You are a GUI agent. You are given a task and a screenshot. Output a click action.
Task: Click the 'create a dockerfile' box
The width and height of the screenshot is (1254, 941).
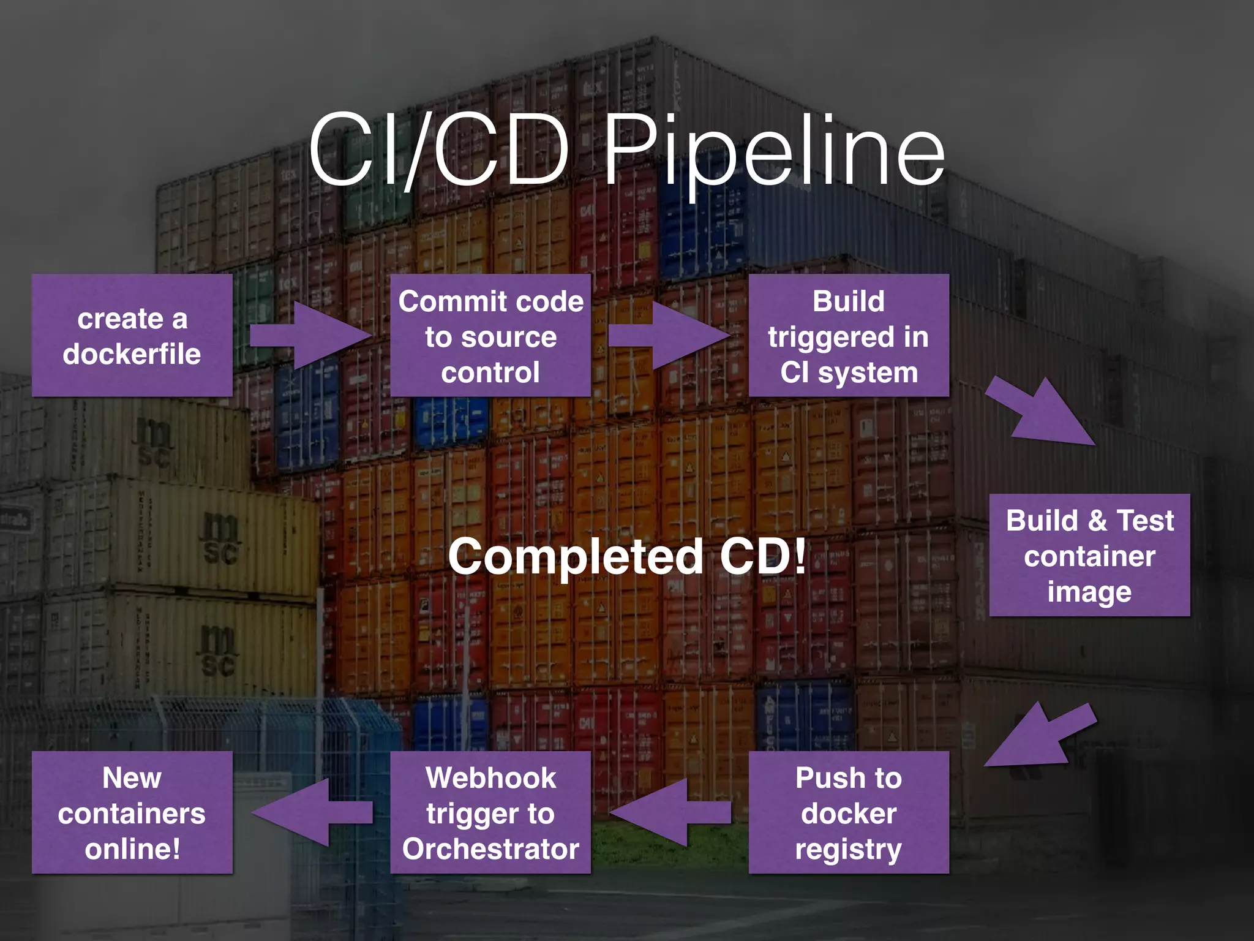click(x=132, y=335)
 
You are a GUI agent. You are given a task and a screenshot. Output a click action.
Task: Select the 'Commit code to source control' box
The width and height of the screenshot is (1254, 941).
click(x=490, y=335)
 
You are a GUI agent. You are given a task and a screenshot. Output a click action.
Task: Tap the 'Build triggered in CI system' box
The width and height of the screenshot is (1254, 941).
click(x=849, y=335)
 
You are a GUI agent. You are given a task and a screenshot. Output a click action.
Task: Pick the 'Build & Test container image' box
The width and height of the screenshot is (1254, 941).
click(x=1089, y=555)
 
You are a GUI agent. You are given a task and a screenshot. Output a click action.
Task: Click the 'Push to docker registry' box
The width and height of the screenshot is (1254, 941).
click(x=849, y=812)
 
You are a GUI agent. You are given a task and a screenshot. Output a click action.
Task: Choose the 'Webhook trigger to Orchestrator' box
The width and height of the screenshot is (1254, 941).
click(x=490, y=812)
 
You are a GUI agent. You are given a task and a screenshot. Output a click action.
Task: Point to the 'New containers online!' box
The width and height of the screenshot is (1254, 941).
click(x=132, y=812)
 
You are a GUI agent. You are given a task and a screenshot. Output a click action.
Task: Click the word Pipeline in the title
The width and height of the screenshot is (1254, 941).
click(x=775, y=151)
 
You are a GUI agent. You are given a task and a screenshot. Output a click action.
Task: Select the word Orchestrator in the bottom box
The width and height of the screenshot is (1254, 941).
click(x=490, y=849)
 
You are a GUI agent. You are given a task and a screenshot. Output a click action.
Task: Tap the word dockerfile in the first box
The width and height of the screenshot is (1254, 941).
click(x=132, y=354)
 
